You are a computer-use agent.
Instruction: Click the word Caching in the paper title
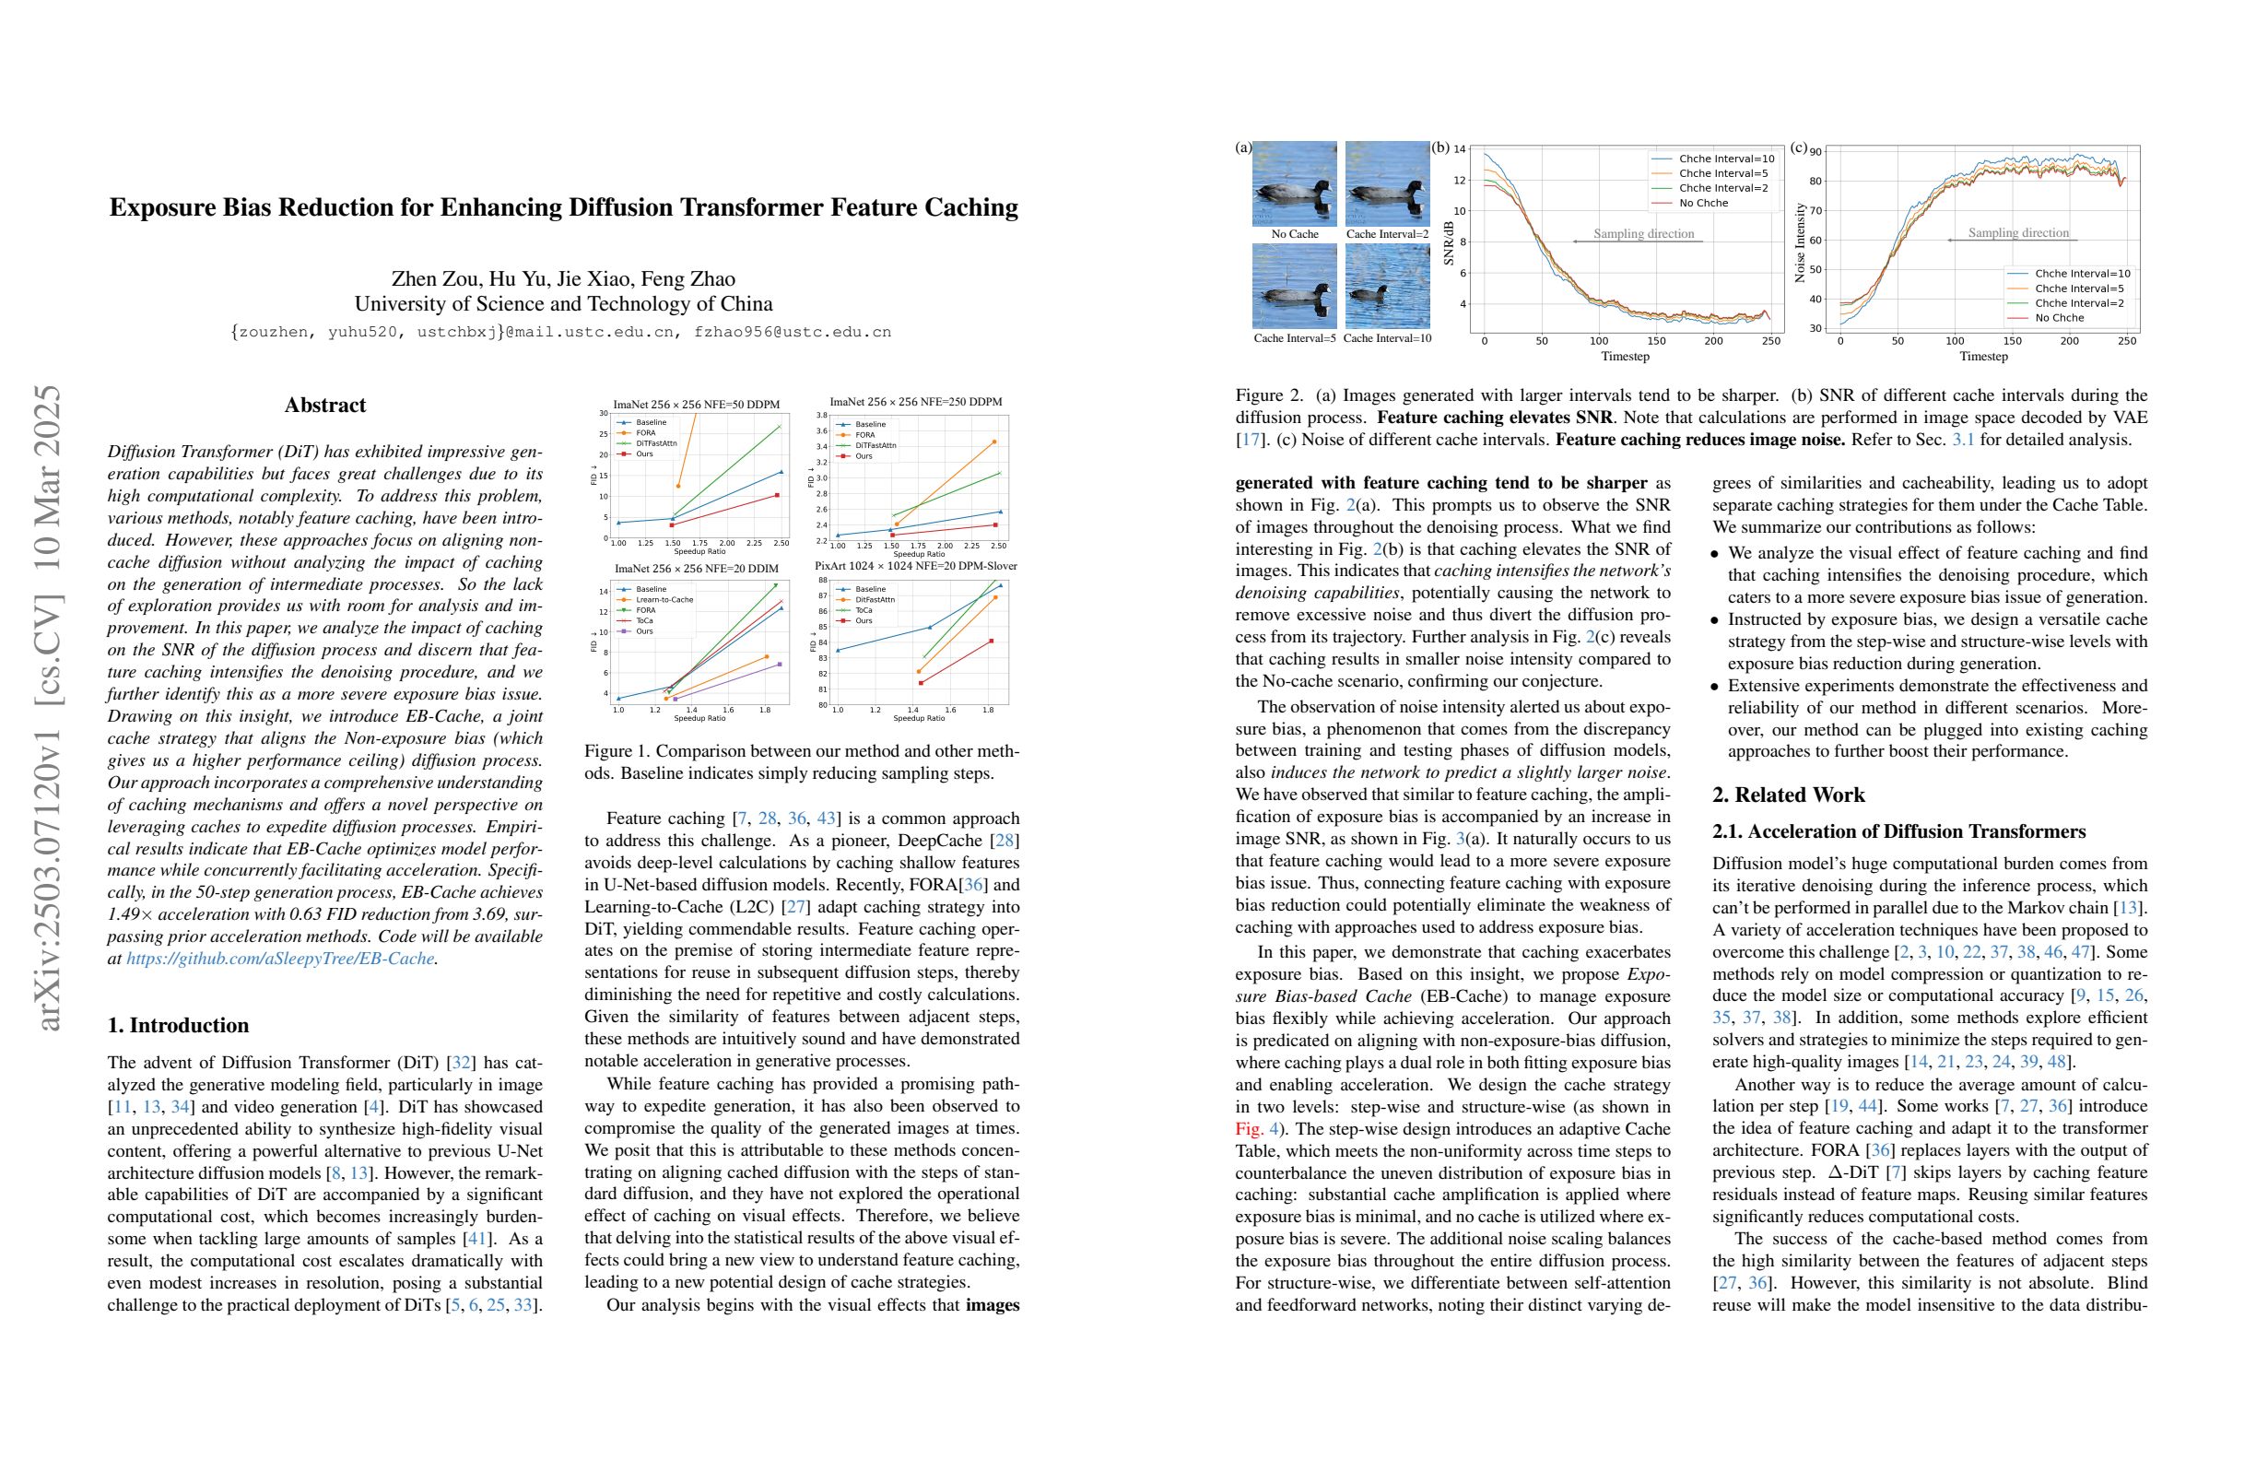[969, 207]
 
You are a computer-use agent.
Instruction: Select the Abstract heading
[325, 405]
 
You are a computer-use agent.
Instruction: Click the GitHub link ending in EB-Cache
[280, 959]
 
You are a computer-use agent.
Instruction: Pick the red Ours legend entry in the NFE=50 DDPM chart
[644, 454]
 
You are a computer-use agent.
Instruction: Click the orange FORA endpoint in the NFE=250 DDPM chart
[994, 442]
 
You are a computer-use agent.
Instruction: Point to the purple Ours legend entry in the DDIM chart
[644, 631]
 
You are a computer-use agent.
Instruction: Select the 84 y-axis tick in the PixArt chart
[823, 642]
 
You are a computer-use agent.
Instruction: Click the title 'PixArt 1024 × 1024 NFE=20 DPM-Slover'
[916, 566]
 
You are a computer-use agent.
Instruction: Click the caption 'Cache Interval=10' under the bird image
[1387, 338]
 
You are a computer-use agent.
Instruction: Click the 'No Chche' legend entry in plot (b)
[1703, 203]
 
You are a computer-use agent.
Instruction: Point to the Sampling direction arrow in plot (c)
[2012, 241]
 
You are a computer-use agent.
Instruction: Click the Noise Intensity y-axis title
[1800, 241]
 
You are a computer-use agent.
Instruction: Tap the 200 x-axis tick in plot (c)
[2069, 341]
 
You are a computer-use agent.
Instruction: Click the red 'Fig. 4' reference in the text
[1257, 1129]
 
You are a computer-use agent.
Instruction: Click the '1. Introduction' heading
[178, 1025]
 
